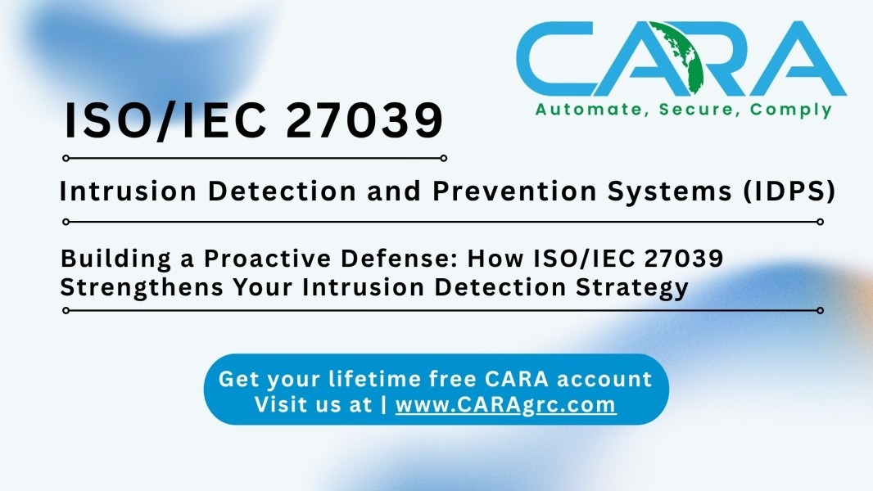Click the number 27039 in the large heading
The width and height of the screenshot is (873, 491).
(x=364, y=120)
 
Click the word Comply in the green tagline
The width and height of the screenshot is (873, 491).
(x=790, y=110)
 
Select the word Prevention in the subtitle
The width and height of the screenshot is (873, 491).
(x=515, y=191)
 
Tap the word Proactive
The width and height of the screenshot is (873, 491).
(x=268, y=259)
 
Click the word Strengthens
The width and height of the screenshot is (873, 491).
(x=142, y=288)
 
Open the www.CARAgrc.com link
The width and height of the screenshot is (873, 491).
(x=505, y=405)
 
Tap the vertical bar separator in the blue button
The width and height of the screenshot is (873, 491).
(x=384, y=405)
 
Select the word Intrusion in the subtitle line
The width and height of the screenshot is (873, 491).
(x=128, y=191)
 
